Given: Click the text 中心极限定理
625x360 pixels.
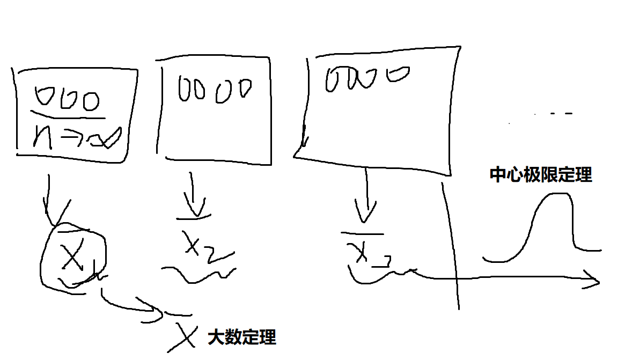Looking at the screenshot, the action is (x=541, y=175).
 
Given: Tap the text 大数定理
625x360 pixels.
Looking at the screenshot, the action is (x=242, y=337).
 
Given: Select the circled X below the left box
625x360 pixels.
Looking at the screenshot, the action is (x=72, y=256).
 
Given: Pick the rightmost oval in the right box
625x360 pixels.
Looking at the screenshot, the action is (x=399, y=74).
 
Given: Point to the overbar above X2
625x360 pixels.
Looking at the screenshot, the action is (x=193, y=218).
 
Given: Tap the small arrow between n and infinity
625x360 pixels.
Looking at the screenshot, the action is (x=70, y=138).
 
